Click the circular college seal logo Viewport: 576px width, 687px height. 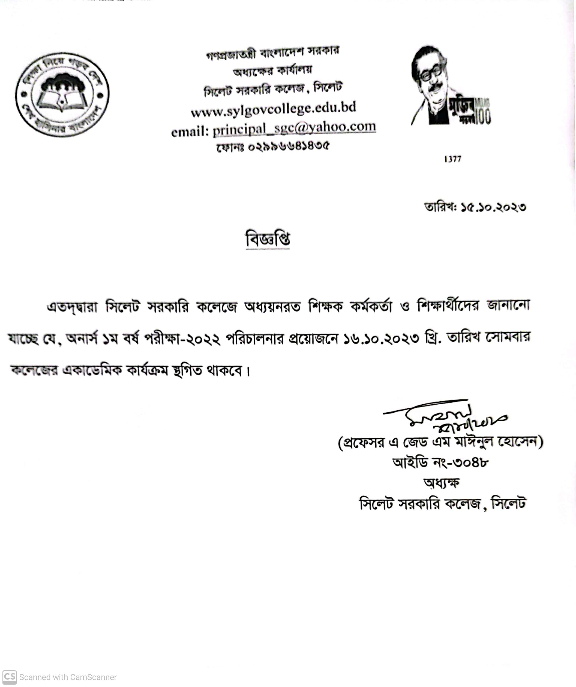coord(62,94)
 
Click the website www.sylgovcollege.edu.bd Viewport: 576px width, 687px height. coord(274,109)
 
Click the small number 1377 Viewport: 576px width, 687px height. coord(453,159)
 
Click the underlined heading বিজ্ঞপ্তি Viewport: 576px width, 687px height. coord(268,240)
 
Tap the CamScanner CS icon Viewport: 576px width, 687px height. coord(9,677)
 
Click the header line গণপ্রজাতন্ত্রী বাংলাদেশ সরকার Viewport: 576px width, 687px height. coord(273,54)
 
